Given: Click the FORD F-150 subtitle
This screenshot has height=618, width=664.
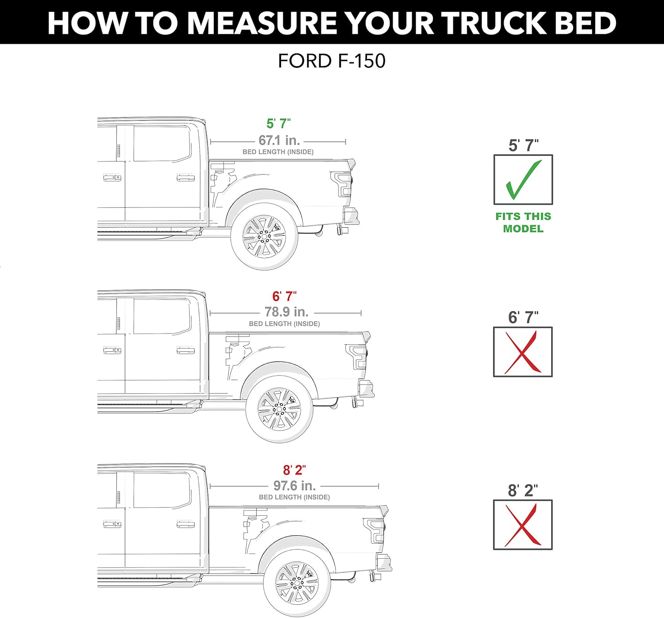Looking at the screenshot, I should [x=332, y=61].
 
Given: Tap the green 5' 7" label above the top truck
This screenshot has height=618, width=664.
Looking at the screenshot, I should [x=278, y=123].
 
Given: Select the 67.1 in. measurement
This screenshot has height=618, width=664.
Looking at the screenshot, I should [x=279, y=140].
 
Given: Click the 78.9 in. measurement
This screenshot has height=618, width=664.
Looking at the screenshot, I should [x=286, y=312].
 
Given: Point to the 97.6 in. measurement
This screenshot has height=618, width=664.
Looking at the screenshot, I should [x=294, y=486].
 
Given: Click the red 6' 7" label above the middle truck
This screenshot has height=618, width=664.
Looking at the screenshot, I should [x=284, y=296].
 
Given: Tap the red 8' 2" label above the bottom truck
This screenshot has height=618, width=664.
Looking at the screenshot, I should [x=294, y=470].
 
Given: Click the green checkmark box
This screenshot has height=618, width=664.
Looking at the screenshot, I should [x=523, y=180].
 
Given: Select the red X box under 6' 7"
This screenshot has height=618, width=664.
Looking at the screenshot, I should [x=523, y=352].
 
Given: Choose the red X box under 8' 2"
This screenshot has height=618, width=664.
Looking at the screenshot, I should [x=523, y=525].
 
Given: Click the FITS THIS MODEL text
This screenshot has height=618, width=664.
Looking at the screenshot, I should [x=523, y=223].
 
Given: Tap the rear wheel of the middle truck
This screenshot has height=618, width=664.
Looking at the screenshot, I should [x=279, y=409].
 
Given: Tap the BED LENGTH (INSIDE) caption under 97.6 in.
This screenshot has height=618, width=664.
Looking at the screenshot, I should [x=294, y=497].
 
